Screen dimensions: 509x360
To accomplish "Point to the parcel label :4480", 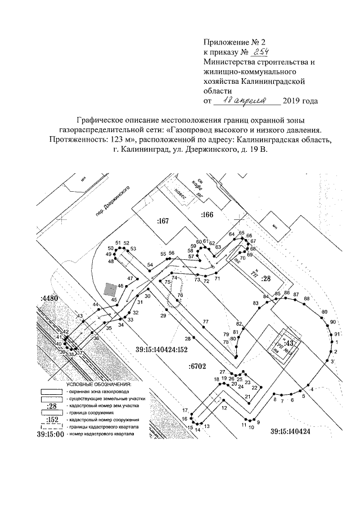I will (49, 299).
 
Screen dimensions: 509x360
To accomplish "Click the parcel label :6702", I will (197, 367).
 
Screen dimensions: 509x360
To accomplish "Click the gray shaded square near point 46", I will (111, 289).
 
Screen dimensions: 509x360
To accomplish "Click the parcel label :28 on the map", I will (266, 278).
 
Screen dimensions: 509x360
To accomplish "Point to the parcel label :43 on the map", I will (289, 343).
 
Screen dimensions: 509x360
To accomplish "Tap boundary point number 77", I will (206, 321).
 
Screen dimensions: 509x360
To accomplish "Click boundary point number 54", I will (150, 264).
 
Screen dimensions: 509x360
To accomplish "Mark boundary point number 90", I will (333, 322).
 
